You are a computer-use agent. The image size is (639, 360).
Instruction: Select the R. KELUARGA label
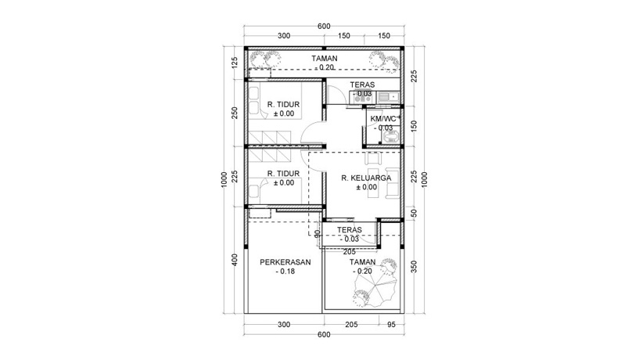point(365,178)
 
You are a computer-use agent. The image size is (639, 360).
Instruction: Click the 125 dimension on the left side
point(235,63)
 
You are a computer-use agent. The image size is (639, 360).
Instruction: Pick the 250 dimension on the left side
point(235,112)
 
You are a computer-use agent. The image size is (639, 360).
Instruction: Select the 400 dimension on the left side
point(235,260)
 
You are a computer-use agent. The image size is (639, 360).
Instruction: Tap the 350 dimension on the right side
point(415,267)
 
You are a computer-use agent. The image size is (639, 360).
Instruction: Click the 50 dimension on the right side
point(415,211)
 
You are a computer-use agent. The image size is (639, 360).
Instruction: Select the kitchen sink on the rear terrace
point(389,97)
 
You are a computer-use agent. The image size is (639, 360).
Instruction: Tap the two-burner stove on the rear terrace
point(363,97)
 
